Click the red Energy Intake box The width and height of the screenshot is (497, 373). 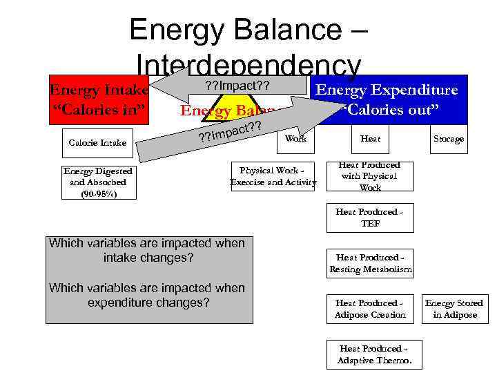[x=97, y=100]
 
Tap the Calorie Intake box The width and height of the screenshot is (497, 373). [x=97, y=142]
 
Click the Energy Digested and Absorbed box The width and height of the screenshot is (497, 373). [x=97, y=182]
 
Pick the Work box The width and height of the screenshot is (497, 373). [x=295, y=139]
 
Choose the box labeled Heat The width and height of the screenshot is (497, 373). [x=371, y=139]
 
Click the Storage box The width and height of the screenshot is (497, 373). [x=448, y=139]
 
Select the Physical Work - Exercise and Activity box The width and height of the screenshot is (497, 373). [x=273, y=176]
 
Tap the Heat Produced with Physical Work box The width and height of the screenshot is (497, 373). [x=370, y=176]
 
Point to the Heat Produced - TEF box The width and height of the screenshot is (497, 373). [x=370, y=218]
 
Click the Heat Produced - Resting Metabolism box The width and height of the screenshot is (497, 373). [x=370, y=263]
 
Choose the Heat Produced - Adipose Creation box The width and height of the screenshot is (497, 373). [x=370, y=309]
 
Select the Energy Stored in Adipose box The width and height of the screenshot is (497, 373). [x=454, y=309]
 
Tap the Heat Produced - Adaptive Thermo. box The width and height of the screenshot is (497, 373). [x=374, y=354]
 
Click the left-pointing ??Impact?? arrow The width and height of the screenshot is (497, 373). [x=228, y=86]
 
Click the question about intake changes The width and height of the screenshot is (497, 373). [x=146, y=250]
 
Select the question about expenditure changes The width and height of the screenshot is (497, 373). [x=146, y=295]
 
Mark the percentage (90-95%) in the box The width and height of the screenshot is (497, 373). [x=97, y=193]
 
